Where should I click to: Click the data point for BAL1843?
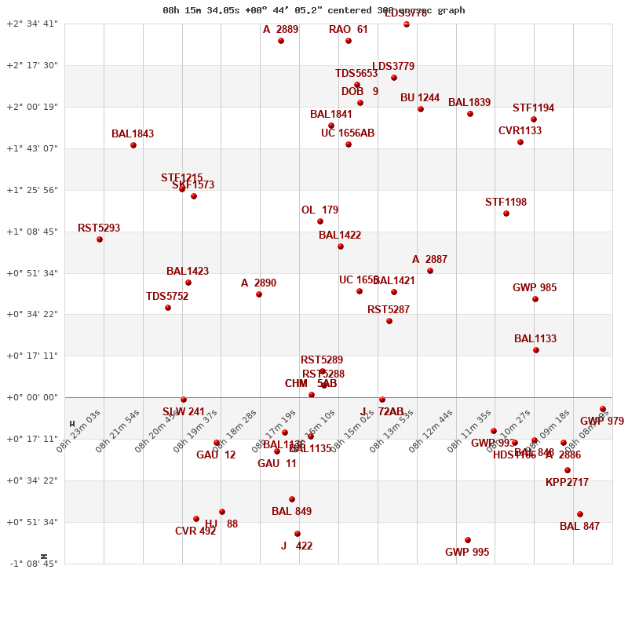133,145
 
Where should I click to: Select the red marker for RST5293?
100,239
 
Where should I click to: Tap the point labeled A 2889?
281,41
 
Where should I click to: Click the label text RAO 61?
348,30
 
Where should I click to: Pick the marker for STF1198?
506,214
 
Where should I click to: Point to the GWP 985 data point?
535,299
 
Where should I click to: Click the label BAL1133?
535,339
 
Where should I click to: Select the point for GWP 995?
468,540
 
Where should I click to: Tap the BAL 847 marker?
580,514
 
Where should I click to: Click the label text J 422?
297,546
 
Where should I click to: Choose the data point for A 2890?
259,294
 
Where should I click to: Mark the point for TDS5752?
168,308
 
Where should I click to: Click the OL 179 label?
319,210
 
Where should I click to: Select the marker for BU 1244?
421,109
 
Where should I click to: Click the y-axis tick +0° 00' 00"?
32,397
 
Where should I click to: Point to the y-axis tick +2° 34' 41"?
32,24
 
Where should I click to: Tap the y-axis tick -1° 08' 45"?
32,564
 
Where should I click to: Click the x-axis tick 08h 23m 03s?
78,431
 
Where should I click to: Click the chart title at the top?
314,10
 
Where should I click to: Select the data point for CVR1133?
520,142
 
